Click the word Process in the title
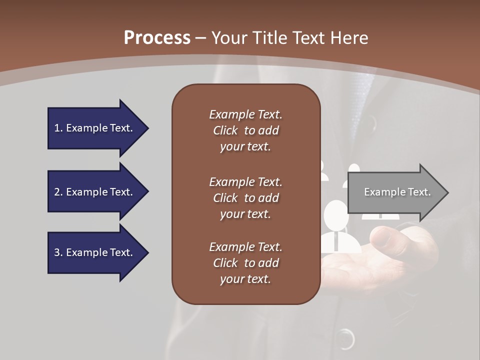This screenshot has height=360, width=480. [157, 37]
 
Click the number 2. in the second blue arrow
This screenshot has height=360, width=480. [58, 192]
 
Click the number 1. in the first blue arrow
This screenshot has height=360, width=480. [58, 128]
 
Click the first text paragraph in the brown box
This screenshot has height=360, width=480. [245, 130]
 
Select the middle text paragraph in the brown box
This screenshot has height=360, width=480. [245, 198]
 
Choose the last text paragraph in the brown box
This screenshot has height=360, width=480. [245, 263]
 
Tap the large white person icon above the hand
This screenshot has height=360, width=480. [336, 225]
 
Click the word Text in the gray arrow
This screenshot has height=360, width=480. [419, 192]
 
